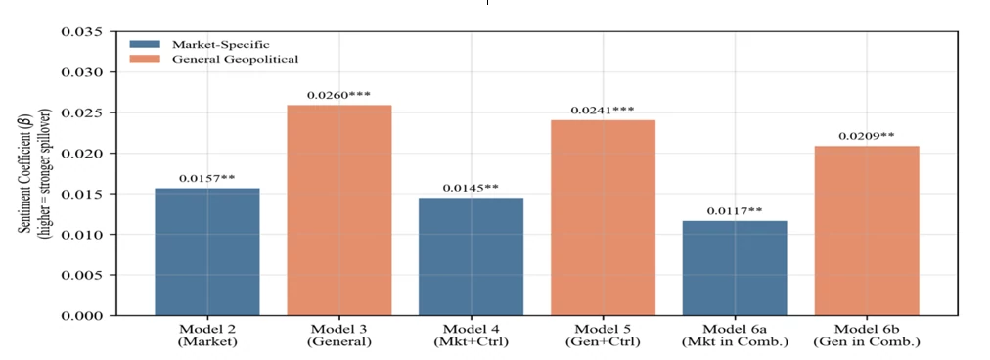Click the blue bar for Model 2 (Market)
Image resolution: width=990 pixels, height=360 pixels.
pos(207,251)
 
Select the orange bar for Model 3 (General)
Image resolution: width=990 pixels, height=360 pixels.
pos(339,209)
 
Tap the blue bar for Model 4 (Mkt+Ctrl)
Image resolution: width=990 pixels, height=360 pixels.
pos(471,256)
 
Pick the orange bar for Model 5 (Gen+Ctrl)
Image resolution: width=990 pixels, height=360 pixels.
pos(603,217)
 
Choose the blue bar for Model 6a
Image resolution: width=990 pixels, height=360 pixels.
pos(735,268)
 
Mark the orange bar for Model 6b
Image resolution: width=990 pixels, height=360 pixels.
pos(867,231)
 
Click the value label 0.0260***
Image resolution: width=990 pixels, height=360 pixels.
pos(339,95)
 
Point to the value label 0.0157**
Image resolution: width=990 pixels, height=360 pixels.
pos(207,179)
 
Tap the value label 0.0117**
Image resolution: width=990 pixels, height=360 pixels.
pos(735,211)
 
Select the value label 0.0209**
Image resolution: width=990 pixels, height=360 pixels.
pos(867,136)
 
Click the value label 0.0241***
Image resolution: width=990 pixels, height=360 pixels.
pos(603,111)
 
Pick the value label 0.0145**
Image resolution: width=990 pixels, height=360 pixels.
pos(471,188)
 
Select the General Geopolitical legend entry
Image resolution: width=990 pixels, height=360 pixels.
pos(214,60)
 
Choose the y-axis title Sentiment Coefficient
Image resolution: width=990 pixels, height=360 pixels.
pos(27,175)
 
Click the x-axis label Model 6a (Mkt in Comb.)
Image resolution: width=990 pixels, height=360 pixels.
pos(735,336)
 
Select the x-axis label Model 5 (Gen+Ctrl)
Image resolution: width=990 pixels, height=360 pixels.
pos(603,336)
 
